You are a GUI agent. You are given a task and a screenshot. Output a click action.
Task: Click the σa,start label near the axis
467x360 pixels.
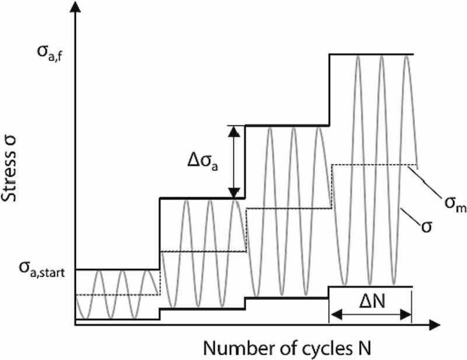click(x=40, y=269)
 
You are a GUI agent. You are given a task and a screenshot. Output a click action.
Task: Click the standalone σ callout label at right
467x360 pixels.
click(x=426, y=225)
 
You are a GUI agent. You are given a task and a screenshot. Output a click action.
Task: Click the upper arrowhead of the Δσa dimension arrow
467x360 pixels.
click(x=234, y=131)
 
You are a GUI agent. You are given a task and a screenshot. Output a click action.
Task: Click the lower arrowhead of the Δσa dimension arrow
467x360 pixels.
click(x=234, y=193)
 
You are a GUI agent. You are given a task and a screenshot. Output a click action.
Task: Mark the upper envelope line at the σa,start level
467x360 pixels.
click(x=117, y=270)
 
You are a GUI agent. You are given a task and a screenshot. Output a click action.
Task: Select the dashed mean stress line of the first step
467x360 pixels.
click(x=117, y=294)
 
